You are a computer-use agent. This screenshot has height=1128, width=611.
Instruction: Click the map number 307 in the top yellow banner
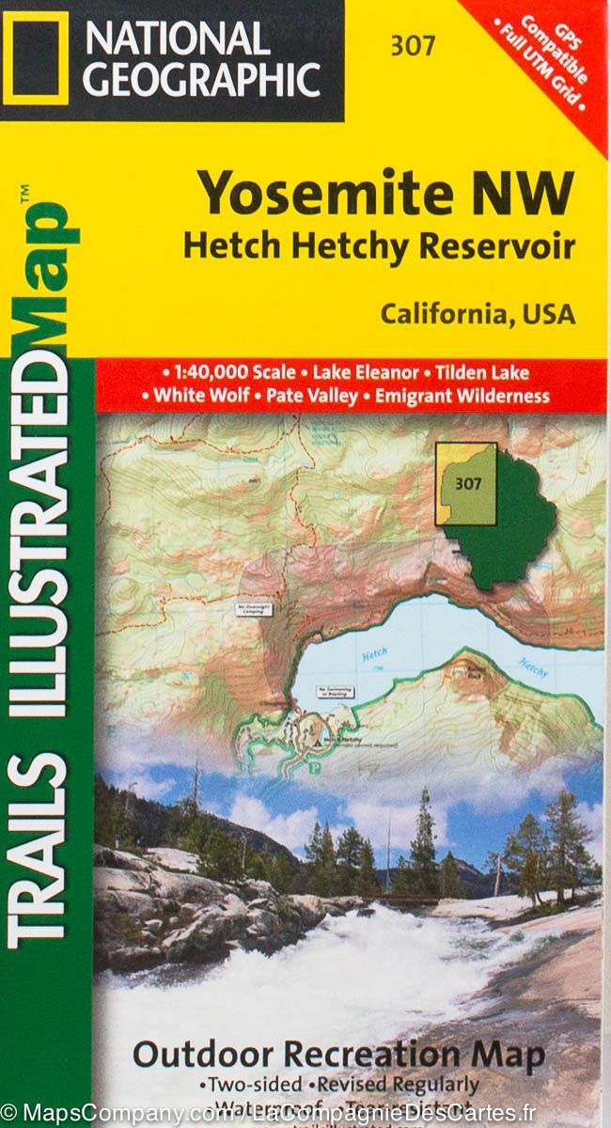[x=410, y=44]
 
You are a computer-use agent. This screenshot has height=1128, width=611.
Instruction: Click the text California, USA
[x=477, y=313]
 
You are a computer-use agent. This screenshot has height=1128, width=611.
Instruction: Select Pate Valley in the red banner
[x=312, y=396]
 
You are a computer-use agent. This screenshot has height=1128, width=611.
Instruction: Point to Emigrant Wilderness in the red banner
[x=462, y=396]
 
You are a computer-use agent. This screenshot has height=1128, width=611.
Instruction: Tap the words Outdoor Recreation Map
[x=338, y=1055]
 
